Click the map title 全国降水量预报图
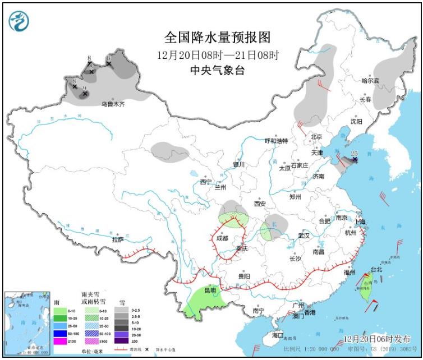pos(217,38)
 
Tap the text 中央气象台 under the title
pos(217,70)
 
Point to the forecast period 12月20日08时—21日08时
pos(218,54)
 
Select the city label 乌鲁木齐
pos(113,104)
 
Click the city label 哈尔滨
pos(370,81)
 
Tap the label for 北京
pos(316,137)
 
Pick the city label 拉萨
pos(117,239)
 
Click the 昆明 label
pos(210,290)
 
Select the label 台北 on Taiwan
pos(376,269)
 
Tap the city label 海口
pos(278,335)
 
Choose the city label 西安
pos(260,203)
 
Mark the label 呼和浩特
pos(276,141)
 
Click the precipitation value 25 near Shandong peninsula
pos(354,153)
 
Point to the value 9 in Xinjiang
pos(84,88)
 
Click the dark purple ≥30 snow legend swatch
pos(121,340)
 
